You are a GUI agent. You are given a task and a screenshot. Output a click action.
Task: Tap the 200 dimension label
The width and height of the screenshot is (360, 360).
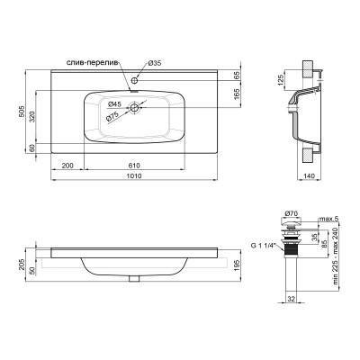pyautogui.click(x=67, y=166)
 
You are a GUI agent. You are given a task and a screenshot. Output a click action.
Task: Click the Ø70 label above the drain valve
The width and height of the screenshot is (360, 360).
pyautogui.click(x=292, y=212)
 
